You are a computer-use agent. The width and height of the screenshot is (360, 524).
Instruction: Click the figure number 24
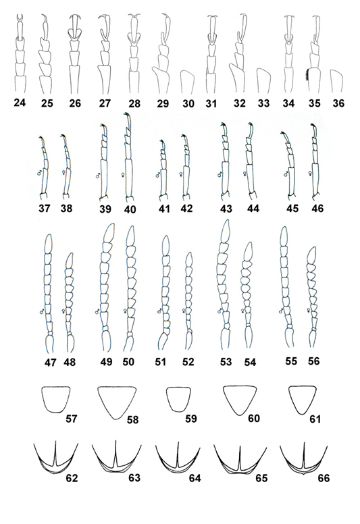coord(20,103)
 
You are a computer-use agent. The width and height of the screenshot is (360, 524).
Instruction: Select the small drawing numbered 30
coord(187,82)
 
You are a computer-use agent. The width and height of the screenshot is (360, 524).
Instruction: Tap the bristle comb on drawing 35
coord(306,74)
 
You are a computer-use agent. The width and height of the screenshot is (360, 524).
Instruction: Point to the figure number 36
coord(338,103)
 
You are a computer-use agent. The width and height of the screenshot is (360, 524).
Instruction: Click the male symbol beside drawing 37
coord(39,173)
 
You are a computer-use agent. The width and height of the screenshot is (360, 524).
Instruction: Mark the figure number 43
coord(226,209)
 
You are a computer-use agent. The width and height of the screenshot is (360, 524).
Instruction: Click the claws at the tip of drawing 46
coord(313,126)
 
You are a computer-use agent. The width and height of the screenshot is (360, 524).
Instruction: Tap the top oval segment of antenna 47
coord(49,244)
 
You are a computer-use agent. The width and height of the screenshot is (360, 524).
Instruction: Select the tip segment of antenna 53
coord(226,231)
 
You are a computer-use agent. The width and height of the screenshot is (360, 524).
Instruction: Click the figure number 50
coord(128,361)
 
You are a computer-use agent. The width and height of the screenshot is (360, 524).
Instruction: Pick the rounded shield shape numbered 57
coord(56,399)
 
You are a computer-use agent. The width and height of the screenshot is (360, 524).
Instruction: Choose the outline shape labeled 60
coord(240,400)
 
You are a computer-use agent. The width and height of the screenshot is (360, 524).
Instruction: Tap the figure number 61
coord(315,419)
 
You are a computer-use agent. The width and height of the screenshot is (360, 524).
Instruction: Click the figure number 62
coord(72,478)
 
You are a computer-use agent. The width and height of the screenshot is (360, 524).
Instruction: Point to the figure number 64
coord(195,478)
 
